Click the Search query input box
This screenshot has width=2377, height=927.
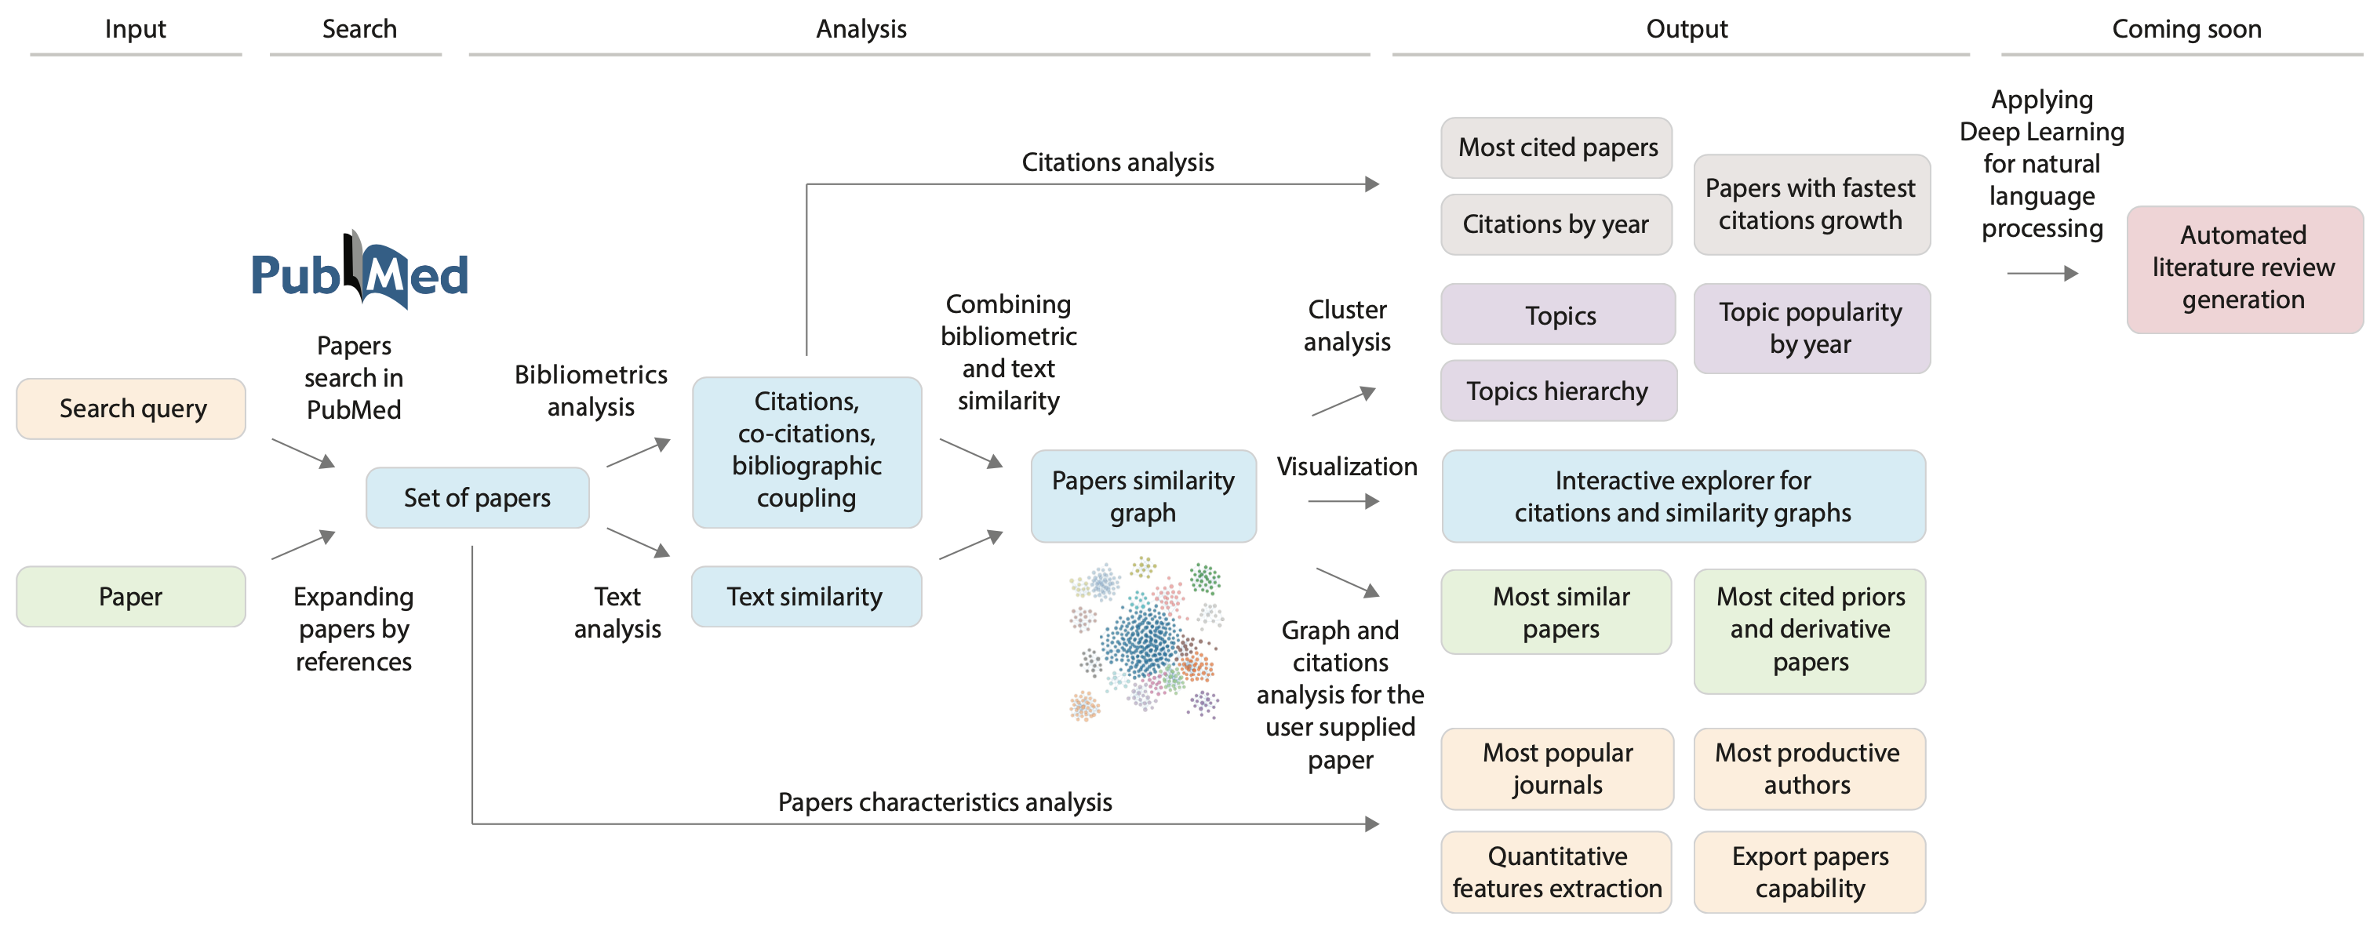pyautogui.click(x=131, y=409)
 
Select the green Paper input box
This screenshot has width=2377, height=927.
pyautogui.click(x=131, y=597)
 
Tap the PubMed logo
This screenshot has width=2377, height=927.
pyautogui.click(x=359, y=272)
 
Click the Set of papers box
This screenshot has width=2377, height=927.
pyautogui.click(x=477, y=498)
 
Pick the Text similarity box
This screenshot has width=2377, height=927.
pyautogui.click(x=806, y=597)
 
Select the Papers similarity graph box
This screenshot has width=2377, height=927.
pyautogui.click(x=1142, y=496)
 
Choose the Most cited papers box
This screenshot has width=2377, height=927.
pyautogui.click(x=1556, y=147)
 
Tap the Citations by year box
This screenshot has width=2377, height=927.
pyautogui.click(x=1556, y=224)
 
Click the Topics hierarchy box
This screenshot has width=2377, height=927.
pyautogui.click(x=1557, y=391)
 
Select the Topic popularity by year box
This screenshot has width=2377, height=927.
pyautogui.click(x=1811, y=329)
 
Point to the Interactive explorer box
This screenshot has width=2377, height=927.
pyautogui.click(x=1682, y=496)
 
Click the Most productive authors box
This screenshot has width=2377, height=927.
pyautogui.click(x=1808, y=769)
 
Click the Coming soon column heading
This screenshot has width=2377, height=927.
pyautogui.click(x=2186, y=28)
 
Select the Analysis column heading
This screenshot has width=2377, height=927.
pyautogui.click(x=861, y=28)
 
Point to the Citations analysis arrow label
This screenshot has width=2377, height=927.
pyautogui.click(x=1117, y=162)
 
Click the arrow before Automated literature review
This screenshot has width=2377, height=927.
pyautogui.click(x=2042, y=273)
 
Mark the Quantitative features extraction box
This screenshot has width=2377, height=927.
pyautogui.click(x=1556, y=871)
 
